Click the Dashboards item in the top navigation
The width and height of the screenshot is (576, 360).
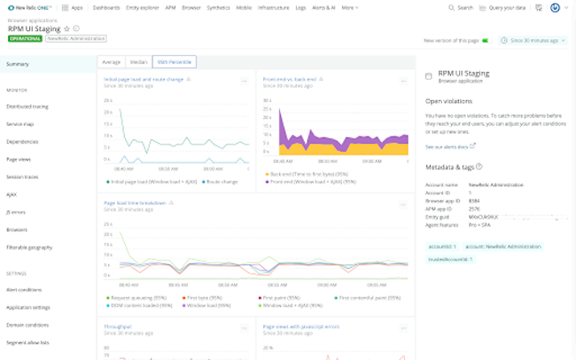pyautogui.click(x=106, y=7)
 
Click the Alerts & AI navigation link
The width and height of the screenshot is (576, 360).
pyautogui.click(x=323, y=7)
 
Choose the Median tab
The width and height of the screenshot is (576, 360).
pyautogui.click(x=137, y=62)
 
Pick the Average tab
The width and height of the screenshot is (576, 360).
pyautogui.click(x=111, y=62)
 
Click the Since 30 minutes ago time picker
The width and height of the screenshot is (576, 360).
pyautogui.click(x=533, y=40)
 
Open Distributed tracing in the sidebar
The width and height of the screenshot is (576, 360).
pyautogui.click(x=27, y=106)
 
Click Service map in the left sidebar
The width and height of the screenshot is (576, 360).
pyautogui.click(x=19, y=123)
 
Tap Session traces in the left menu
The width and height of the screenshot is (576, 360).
pyautogui.click(x=22, y=177)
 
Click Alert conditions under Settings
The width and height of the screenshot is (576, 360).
pyautogui.click(x=24, y=289)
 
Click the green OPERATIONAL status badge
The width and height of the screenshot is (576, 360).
pyautogui.click(x=24, y=39)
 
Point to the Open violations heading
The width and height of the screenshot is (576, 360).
pyautogui.click(x=449, y=101)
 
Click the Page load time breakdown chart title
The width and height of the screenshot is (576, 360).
pyautogui.click(x=135, y=203)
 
